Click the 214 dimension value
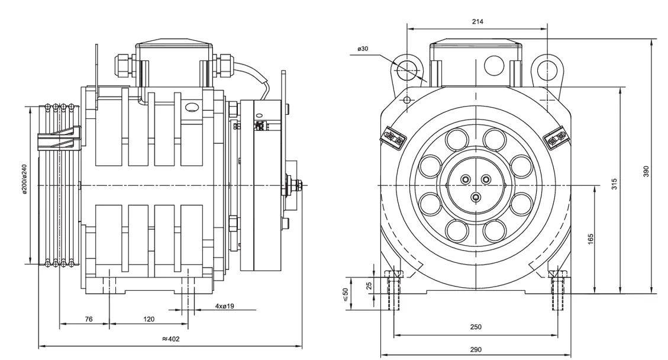coord(477,21)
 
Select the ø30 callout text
coord(363,49)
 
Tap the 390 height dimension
coord(647,171)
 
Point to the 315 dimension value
coord(614,184)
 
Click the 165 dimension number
coord(590,239)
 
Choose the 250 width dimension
coord(476,327)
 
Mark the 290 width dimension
coord(476,349)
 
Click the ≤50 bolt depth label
coord(346,294)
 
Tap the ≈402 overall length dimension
coord(170,339)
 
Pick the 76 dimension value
coord(88,319)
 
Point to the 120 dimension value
coord(149,319)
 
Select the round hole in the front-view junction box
coord(493,65)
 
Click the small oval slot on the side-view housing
coord(191,108)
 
